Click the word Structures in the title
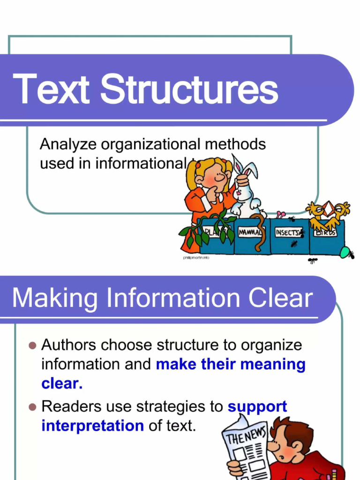coord(189,90)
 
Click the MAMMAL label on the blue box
coord(251,232)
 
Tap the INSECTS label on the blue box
coord(287,232)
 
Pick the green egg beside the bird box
coord(345,253)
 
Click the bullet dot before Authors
coord(32,346)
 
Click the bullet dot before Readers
coord(32,407)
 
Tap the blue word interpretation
coord(92,426)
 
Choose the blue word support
coord(257,406)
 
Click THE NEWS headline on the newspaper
coord(246,435)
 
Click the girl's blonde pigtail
coord(191,176)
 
